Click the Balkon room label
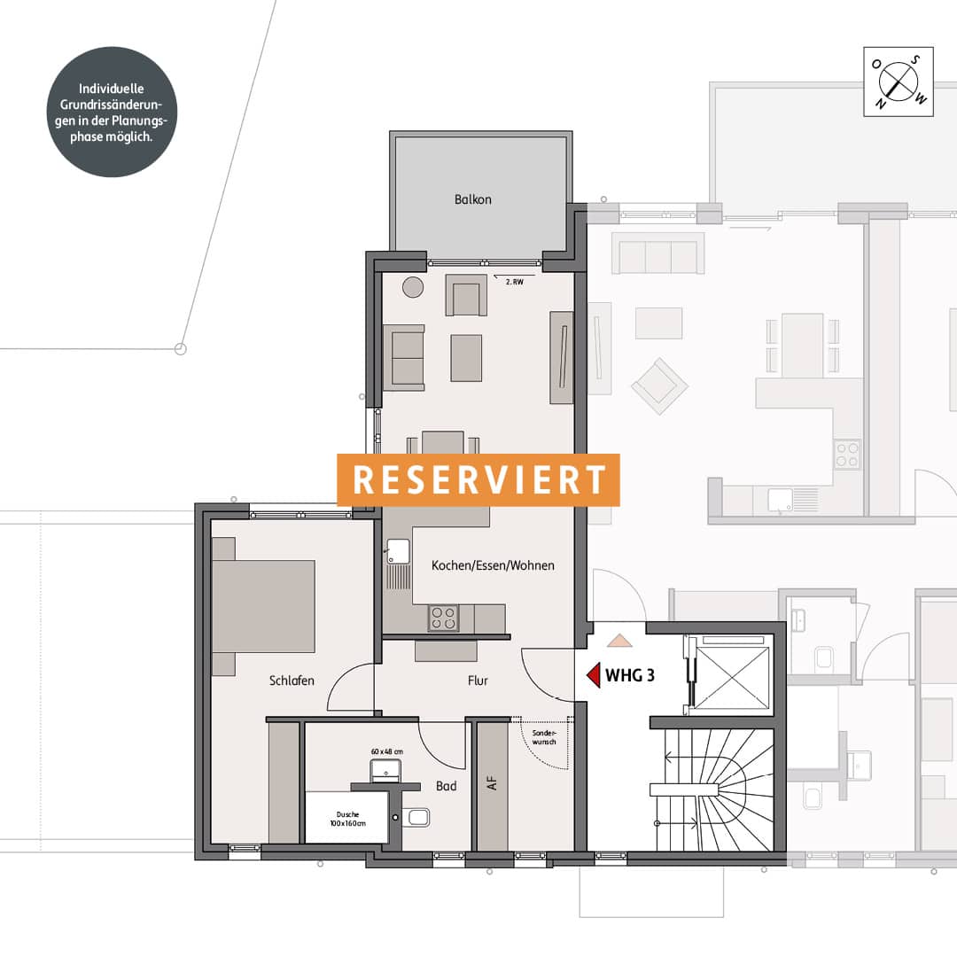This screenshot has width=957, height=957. [472, 199]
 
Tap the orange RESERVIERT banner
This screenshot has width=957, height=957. [478, 479]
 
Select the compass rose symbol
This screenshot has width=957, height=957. [899, 82]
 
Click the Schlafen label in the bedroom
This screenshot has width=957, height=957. [292, 681]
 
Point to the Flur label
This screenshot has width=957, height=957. [478, 681]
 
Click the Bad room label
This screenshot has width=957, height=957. [446, 786]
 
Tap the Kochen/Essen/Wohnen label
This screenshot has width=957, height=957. [494, 565]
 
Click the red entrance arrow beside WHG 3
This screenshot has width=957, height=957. [593, 675]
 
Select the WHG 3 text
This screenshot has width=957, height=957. [630, 675]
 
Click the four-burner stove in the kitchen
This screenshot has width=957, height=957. [444, 618]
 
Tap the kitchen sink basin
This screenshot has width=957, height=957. [398, 552]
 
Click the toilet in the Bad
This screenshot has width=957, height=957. [416, 817]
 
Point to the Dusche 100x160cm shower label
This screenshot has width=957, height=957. [348, 819]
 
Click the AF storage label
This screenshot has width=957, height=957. [492, 783]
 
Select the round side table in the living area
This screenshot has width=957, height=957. [413, 287]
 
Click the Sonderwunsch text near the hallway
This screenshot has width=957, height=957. [544, 737]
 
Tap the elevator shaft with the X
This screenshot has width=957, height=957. [732, 675]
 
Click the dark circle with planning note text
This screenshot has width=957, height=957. [112, 113]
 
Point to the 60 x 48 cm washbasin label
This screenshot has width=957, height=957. [387, 752]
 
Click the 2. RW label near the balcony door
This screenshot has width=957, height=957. [515, 282]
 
